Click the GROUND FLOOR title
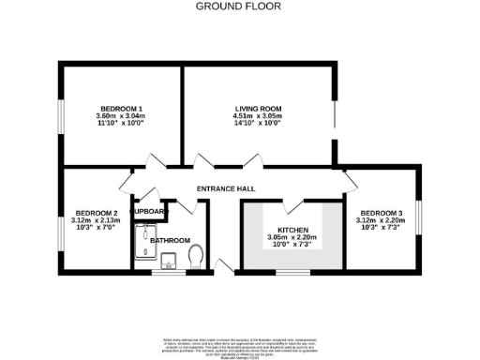tap(239, 6)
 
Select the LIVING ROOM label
tap(258, 110)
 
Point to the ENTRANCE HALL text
tap(226, 189)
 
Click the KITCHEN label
tap(292, 230)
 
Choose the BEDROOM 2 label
tap(96, 212)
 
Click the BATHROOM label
tap(170, 240)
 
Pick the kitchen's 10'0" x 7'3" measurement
tap(292, 246)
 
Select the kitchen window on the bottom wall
tap(292, 272)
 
